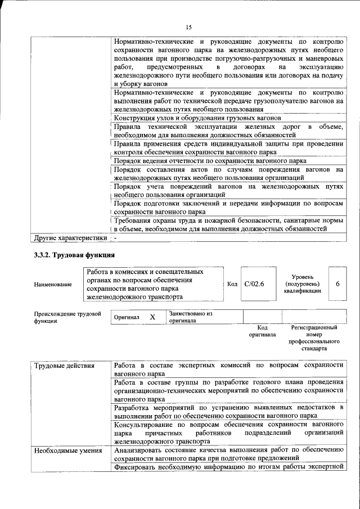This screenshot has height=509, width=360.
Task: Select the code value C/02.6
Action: pyautogui.click(x=255, y=284)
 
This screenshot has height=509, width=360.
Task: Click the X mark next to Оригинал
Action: pyautogui.click(x=152, y=317)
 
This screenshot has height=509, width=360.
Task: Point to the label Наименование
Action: pyautogui.click(x=53, y=285)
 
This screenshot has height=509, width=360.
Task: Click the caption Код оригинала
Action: pyautogui.click(x=262, y=331)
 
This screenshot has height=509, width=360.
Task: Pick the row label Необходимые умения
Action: pyautogui.click(x=67, y=450)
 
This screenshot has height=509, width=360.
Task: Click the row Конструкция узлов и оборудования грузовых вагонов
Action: pyautogui.click(x=197, y=118)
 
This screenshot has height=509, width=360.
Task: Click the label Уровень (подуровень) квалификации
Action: pyautogui.click(x=307, y=284)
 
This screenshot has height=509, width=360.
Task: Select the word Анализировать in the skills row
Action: pyautogui.click(x=138, y=450)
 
